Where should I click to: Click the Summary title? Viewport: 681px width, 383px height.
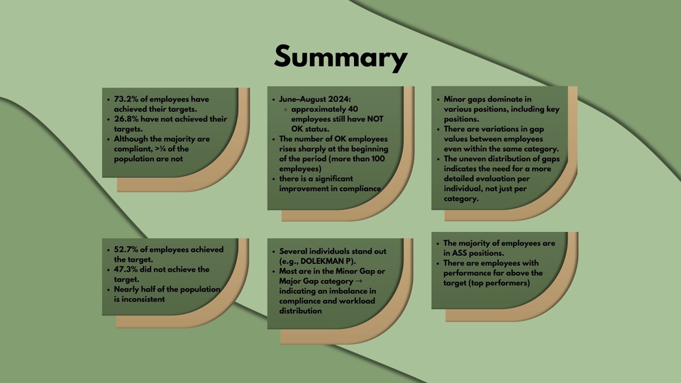(x=340, y=57)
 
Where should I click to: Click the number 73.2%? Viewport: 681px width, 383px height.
(x=126, y=99)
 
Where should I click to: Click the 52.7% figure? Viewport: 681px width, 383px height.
(x=126, y=249)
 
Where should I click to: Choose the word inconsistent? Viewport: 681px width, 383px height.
(x=139, y=299)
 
